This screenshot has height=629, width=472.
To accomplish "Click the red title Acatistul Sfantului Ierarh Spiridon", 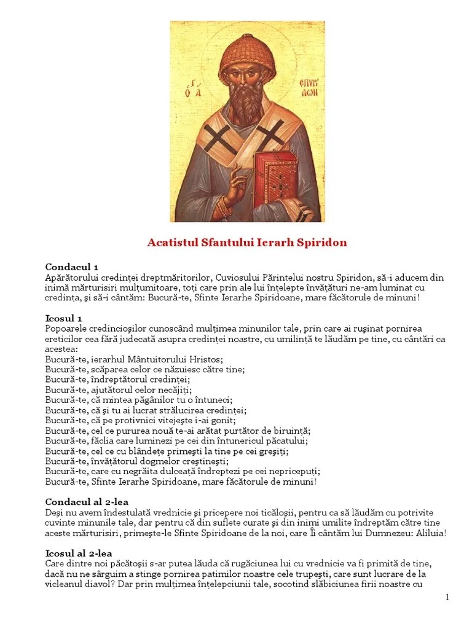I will pyautogui.click(x=247, y=243).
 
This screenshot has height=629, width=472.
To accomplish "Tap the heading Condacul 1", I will pyautogui.click(x=72, y=267).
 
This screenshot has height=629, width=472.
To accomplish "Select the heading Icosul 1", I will pyautogui.click(x=63, y=318).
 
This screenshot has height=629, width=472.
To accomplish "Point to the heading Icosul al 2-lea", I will pyautogui.click(x=79, y=553).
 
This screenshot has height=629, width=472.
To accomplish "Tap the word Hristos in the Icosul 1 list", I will pyautogui.click(x=207, y=359).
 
